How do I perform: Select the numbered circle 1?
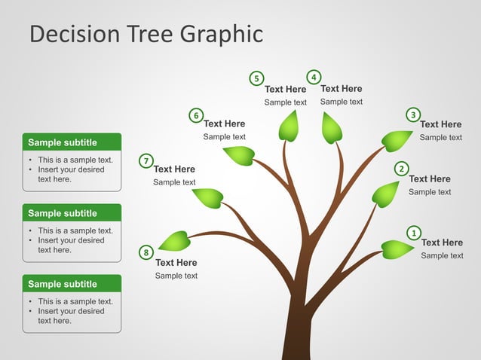coord(413,233)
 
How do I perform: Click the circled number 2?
coord(402,169)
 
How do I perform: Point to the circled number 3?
coord(413,114)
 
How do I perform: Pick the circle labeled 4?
coord(314,77)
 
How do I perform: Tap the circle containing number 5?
coord(256,78)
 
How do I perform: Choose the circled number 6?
coord(196,115)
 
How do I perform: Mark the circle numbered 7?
coord(146,160)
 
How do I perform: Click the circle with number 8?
coord(146,252)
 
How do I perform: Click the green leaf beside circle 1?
coord(397,249)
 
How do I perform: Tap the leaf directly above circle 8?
coord(174,241)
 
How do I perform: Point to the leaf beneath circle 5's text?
coord(289,126)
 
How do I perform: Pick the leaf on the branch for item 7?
coord(208,198)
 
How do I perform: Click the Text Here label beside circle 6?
coord(224,124)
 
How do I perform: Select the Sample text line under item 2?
coord(430,192)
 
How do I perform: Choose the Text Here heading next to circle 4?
coord(341,89)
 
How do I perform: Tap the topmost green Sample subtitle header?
coord(72,142)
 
